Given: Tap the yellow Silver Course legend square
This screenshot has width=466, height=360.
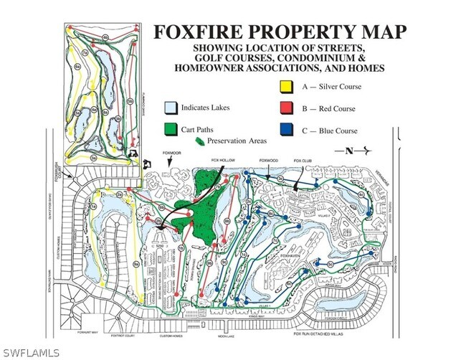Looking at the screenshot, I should [286, 87].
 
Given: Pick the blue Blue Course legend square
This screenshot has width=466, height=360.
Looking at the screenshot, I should [286, 131].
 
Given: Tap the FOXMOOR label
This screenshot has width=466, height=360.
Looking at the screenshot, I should [172, 152].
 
